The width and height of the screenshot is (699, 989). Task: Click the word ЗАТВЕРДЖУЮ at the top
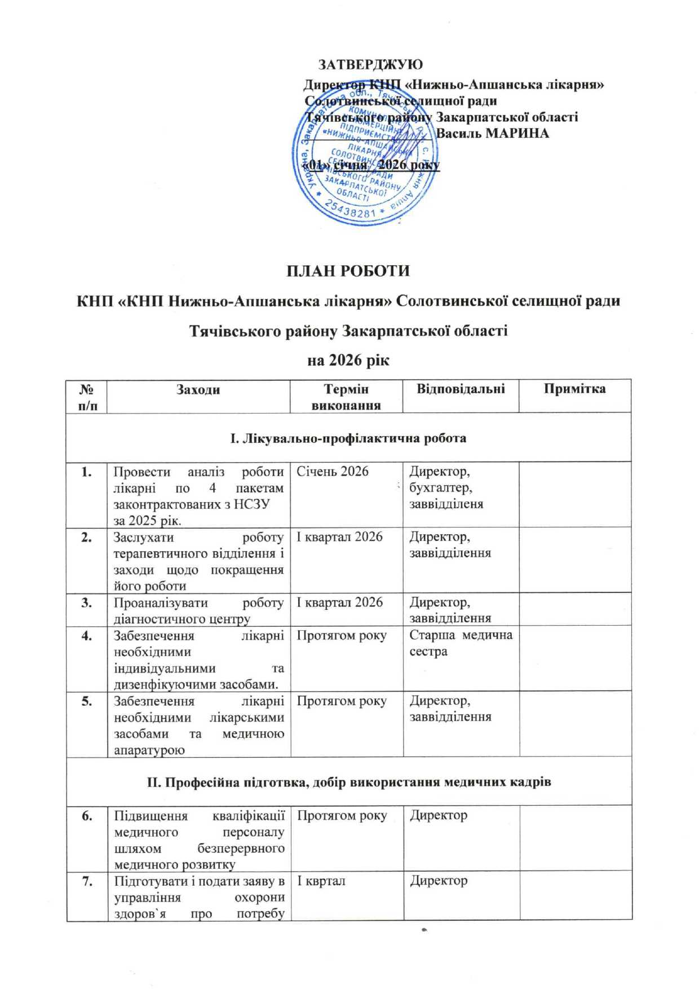(370, 64)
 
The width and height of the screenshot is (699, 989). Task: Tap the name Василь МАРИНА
(492, 133)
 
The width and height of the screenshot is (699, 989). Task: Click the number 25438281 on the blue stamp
(350, 210)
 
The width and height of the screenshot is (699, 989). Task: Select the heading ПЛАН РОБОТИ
(348, 271)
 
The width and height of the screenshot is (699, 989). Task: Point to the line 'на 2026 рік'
(348, 359)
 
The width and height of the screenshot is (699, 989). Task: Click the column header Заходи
(198, 389)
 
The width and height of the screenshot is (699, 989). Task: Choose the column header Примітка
(574, 389)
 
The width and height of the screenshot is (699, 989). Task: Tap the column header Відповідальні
(460, 389)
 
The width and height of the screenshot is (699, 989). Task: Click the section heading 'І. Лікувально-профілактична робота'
(348, 438)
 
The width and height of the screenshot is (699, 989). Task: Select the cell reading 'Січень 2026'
(333, 472)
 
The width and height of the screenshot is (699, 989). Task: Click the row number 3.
(86, 603)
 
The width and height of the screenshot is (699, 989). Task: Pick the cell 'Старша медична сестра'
(461, 643)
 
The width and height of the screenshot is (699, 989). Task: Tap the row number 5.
(86, 701)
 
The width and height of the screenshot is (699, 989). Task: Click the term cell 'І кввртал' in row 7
(321, 881)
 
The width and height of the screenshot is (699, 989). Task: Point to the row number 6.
(86, 816)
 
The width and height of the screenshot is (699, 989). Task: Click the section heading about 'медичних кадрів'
(348, 782)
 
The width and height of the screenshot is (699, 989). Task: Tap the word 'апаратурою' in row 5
(149, 750)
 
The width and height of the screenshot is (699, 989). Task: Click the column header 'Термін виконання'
(346, 397)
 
